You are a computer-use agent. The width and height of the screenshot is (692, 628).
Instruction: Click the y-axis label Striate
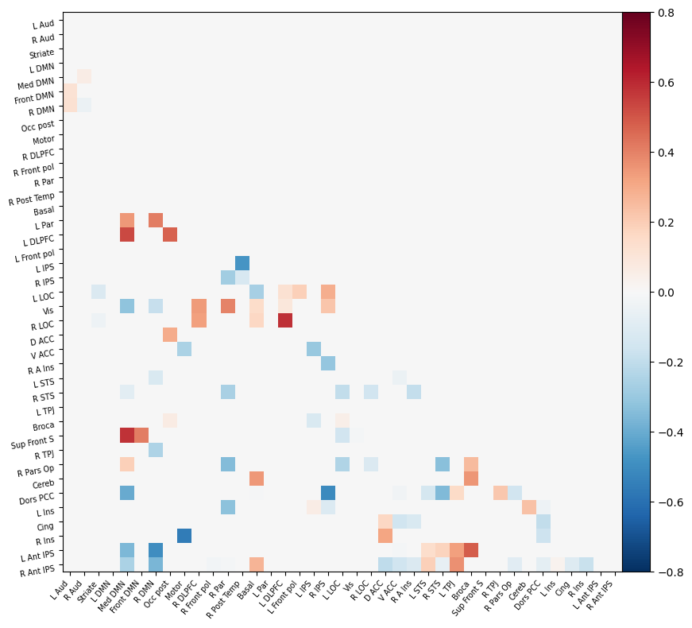[x=42, y=53]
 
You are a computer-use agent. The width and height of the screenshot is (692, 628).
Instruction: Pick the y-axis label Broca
[x=44, y=426]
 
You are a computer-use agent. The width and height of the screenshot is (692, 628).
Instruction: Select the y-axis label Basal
[x=44, y=211]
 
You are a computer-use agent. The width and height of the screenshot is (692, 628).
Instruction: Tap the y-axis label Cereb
[x=43, y=483]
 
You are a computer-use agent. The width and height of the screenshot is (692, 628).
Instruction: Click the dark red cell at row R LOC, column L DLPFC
[x=285, y=320]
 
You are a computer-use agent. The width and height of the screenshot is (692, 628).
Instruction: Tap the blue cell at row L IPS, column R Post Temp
[x=242, y=263]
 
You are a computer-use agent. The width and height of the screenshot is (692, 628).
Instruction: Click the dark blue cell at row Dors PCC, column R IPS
[x=328, y=493]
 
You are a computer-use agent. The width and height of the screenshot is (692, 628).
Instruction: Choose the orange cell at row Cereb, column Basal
[x=257, y=479]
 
